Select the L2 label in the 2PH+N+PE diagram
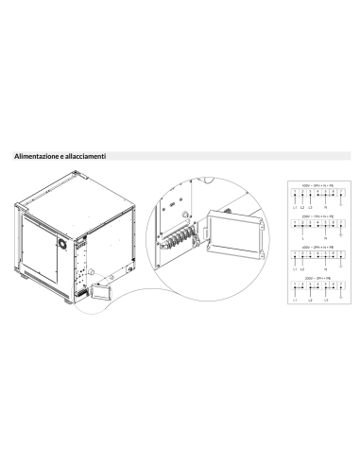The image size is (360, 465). coord(303,270)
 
